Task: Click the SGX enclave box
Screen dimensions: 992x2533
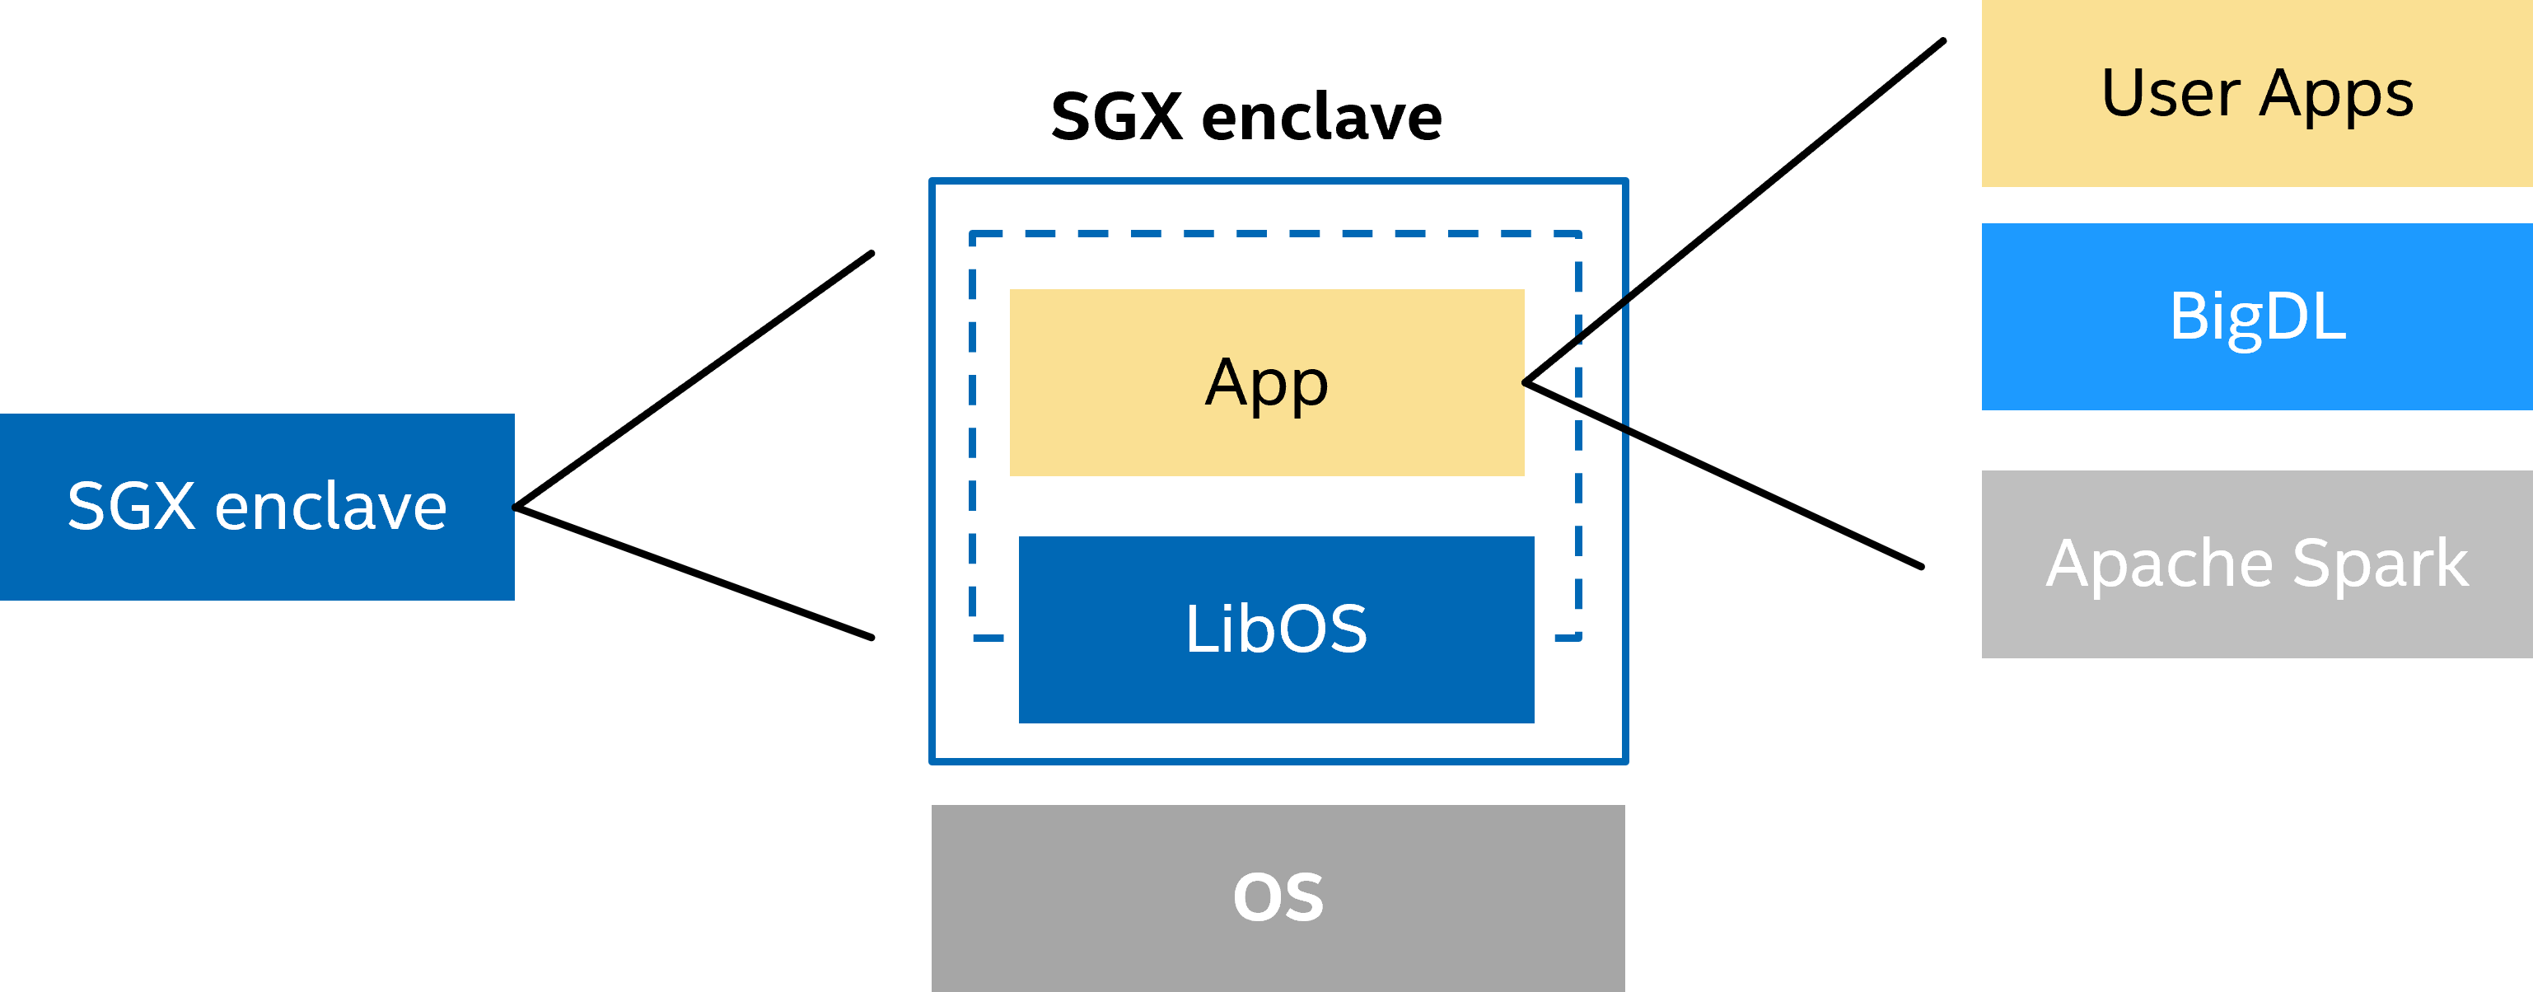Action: point(257,507)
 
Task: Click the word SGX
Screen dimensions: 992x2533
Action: point(131,507)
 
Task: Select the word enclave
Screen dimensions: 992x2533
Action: point(330,507)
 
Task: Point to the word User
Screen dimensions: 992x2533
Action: point(2171,93)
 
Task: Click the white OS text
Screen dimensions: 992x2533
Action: point(1278,896)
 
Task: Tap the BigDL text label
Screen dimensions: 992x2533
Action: point(2257,316)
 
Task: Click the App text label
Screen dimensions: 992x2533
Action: point(1267,382)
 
